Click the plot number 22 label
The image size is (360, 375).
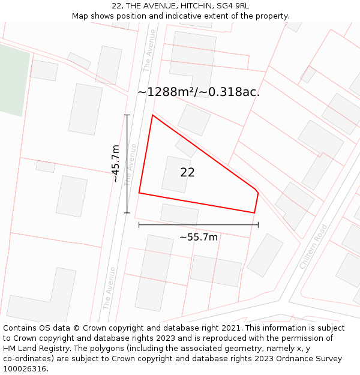click(187, 172)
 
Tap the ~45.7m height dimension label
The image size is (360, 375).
click(116, 163)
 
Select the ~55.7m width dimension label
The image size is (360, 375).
click(199, 237)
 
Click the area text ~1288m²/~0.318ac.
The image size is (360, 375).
click(199, 92)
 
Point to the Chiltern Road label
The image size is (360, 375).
click(314, 246)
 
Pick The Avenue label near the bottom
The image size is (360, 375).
click(109, 288)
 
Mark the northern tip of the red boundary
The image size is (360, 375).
click(152, 115)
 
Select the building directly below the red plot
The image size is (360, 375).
click(179, 214)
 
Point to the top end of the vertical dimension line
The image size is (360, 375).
click(127, 115)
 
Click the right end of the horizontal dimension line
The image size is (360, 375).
click(258, 225)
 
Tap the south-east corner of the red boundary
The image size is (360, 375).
click(254, 212)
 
